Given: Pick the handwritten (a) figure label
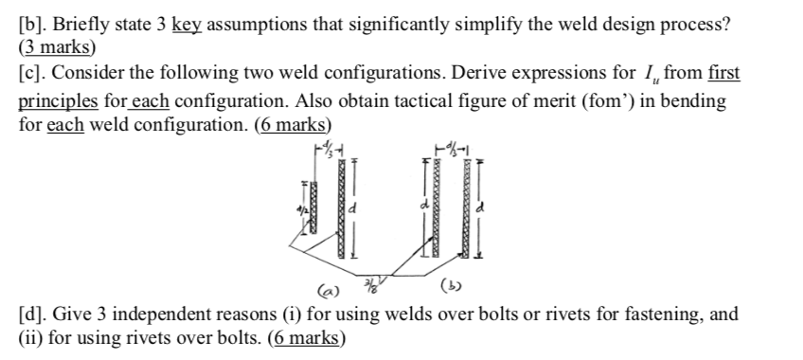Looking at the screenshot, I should pos(327,282).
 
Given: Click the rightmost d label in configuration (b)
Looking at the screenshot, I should pos(483,205).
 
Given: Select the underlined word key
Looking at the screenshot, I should pos(186,25).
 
